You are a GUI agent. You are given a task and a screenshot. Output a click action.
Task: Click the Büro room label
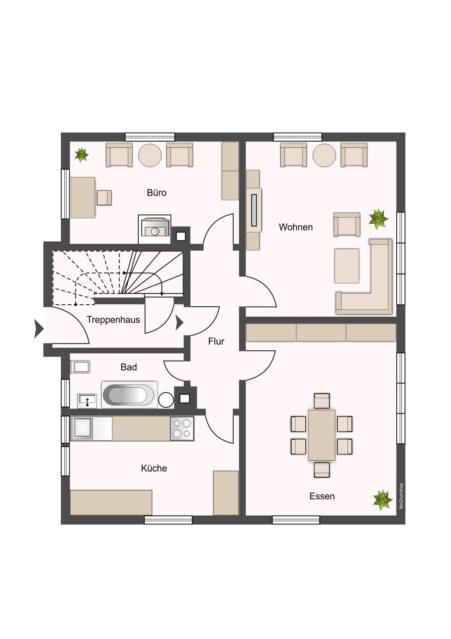[x=156, y=192]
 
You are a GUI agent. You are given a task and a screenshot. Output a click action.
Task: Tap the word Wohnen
[x=296, y=227]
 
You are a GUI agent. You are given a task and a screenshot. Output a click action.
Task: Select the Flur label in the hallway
[x=216, y=341]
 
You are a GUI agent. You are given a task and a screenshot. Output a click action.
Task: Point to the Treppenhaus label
[x=113, y=320]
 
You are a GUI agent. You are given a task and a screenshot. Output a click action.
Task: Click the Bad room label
[x=129, y=367]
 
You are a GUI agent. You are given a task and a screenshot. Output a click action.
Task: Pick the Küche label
[x=154, y=468]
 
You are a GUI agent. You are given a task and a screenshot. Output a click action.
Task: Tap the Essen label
[x=322, y=496]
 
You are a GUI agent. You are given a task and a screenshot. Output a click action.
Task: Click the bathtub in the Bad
[x=130, y=395]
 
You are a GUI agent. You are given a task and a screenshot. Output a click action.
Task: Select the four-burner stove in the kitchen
[x=182, y=428]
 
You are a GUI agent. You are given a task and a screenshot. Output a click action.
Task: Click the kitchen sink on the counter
[x=82, y=428]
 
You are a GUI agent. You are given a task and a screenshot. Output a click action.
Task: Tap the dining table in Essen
[x=322, y=435]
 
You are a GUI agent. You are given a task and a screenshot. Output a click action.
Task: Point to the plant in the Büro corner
[x=82, y=155]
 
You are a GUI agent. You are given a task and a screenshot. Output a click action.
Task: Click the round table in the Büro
[x=150, y=155]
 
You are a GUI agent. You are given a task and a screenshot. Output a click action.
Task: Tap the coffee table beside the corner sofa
[x=347, y=266]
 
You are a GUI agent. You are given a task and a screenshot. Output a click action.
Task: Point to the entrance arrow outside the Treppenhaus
[x=39, y=329]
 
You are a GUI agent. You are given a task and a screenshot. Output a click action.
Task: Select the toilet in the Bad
[x=80, y=367]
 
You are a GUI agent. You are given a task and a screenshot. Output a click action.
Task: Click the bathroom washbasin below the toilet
[x=87, y=401]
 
